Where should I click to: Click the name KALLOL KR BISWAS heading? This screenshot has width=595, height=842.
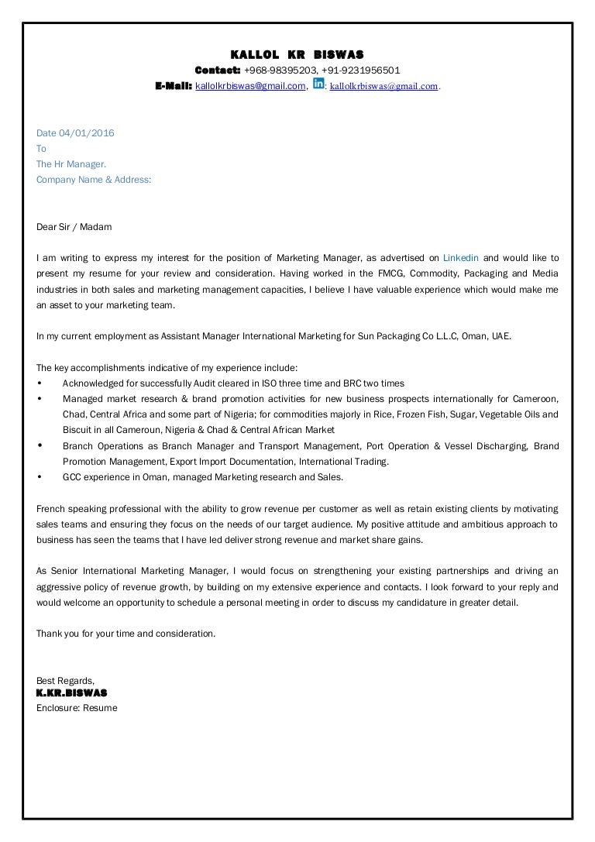(x=297, y=54)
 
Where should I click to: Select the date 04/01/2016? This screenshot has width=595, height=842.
(x=87, y=133)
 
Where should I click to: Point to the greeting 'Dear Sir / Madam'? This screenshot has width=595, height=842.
(x=74, y=227)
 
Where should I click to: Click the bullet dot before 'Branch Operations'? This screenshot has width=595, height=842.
(x=40, y=446)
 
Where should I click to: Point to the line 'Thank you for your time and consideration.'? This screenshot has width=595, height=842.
(x=126, y=634)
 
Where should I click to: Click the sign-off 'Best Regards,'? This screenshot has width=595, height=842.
(x=65, y=681)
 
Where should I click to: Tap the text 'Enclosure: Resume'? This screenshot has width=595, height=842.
(x=77, y=708)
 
